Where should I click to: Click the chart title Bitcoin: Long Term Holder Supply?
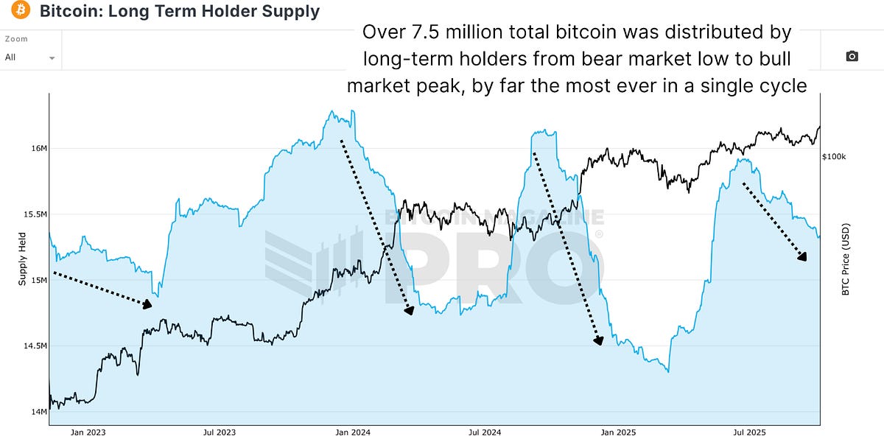click(x=179, y=11)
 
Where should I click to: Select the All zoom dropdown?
click(x=30, y=57)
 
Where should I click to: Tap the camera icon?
click(x=852, y=57)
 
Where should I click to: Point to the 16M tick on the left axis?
click(x=38, y=149)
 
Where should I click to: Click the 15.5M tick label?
click(x=35, y=214)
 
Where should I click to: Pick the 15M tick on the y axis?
click(x=38, y=280)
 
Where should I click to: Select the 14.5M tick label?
click(x=35, y=345)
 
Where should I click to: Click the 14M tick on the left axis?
click(x=38, y=411)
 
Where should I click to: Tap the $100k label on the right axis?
click(x=834, y=157)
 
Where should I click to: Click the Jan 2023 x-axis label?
click(x=88, y=433)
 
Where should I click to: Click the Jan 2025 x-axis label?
click(x=619, y=433)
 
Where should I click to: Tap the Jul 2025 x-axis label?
click(x=749, y=433)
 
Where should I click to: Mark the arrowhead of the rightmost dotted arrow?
click(x=803, y=257)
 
